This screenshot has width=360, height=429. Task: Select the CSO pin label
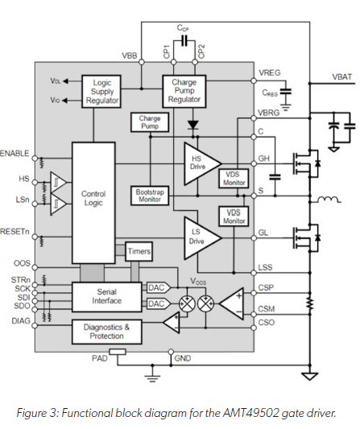point(267,323)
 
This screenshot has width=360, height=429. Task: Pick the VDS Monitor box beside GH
point(234,179)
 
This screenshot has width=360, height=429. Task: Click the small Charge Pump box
point(150,122)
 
